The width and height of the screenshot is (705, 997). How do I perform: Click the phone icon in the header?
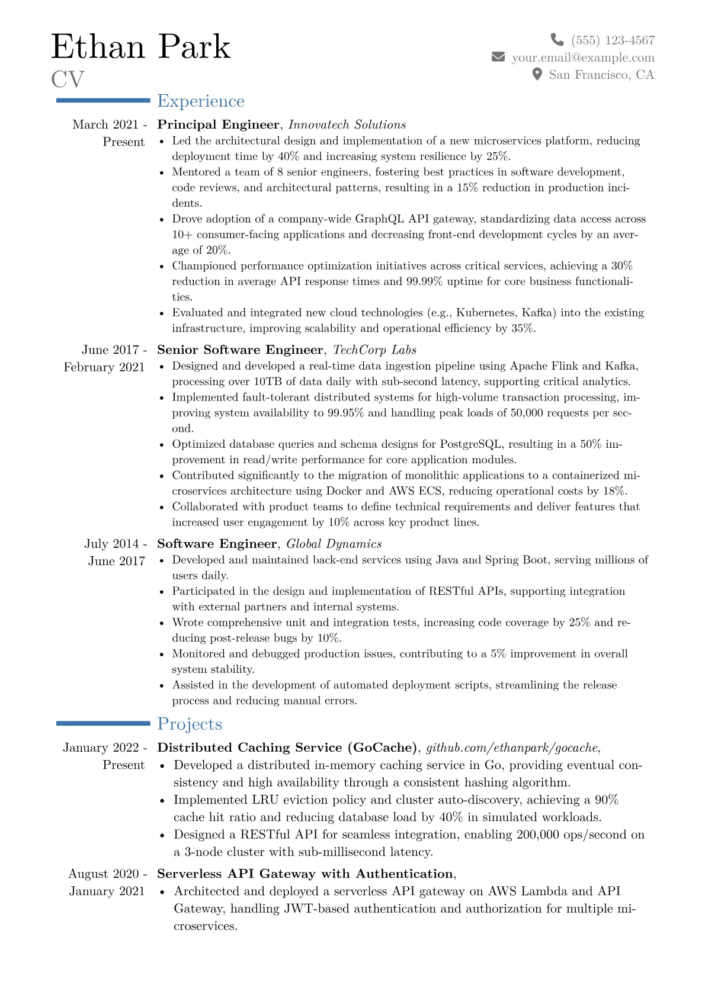click(x=557, y=40)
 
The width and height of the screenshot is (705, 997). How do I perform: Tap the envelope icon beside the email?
click(x=498, y=57)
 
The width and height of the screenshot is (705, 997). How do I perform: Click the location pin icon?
click(x=537, y=74)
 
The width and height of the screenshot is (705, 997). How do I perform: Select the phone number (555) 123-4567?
click(x=613, y=40)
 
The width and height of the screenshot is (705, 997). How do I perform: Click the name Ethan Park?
click(x=140, y=47)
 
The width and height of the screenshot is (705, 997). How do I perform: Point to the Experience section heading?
click(x=200, y=101)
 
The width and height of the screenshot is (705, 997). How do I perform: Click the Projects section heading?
click(x=190, y=724)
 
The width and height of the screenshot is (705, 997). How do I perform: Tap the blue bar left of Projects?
click(x=103, y=723)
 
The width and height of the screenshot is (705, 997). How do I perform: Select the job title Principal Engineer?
click(x=217, y=125)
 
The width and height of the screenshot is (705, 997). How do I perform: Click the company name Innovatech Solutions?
click(x=347, y=125)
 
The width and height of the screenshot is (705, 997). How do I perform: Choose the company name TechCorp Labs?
click(x=374, y=350)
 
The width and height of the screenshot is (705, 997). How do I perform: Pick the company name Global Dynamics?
click(x=334, y=544)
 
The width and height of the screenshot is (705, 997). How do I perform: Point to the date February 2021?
click(x=104, y=367)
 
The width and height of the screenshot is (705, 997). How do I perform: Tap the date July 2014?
click(x=111, y=544)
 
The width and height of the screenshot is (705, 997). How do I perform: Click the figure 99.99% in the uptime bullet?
click(x=424, y=281)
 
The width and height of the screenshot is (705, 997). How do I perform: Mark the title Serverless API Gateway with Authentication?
click(x=305, y=874)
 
